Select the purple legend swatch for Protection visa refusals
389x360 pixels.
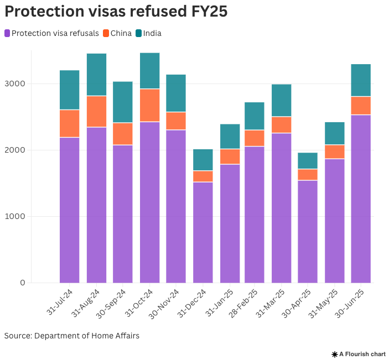point(7,34)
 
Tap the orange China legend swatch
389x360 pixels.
point(106,34)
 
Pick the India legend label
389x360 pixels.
point(152,34)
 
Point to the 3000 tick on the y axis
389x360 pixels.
point(15,84)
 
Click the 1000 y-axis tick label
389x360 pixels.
point(15,217)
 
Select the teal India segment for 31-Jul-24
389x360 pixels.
point(69,90)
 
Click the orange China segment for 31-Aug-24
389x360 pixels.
point(96,112)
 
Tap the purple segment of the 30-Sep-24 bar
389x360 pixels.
point(123,213)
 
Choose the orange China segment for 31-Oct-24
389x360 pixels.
point(149,105)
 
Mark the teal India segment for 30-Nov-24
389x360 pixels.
point(176,93)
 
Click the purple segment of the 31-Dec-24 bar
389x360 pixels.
point(203,232)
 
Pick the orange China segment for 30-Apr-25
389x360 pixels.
point(308,175)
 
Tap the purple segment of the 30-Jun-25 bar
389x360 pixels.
point(361,199)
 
